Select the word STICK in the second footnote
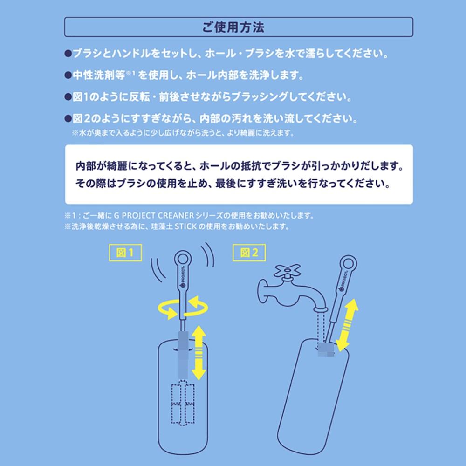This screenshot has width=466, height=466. pos(185,227)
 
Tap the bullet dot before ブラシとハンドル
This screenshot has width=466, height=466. pos(68,54)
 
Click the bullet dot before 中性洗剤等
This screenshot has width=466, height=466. pos(68,75)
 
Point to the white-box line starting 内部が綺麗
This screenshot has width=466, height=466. pos(238,166)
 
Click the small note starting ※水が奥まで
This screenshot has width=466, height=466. pos(182,133)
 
